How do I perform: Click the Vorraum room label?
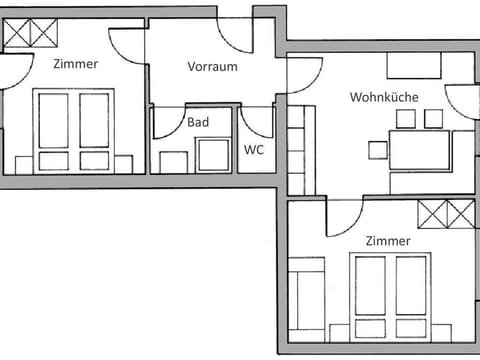[212, 67]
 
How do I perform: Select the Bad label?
[198, 122]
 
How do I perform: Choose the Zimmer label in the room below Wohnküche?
[388, 241]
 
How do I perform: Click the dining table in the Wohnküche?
[419, 150]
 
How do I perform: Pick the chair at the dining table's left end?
[378, 150]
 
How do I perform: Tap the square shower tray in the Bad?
[213, 155]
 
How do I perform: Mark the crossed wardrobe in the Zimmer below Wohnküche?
[444, 213]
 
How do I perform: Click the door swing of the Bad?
[165, 122]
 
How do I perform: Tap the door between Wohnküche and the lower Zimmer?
[342, 214]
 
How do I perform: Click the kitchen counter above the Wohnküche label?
[415, 66]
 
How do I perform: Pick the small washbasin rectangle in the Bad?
[173, 161]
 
